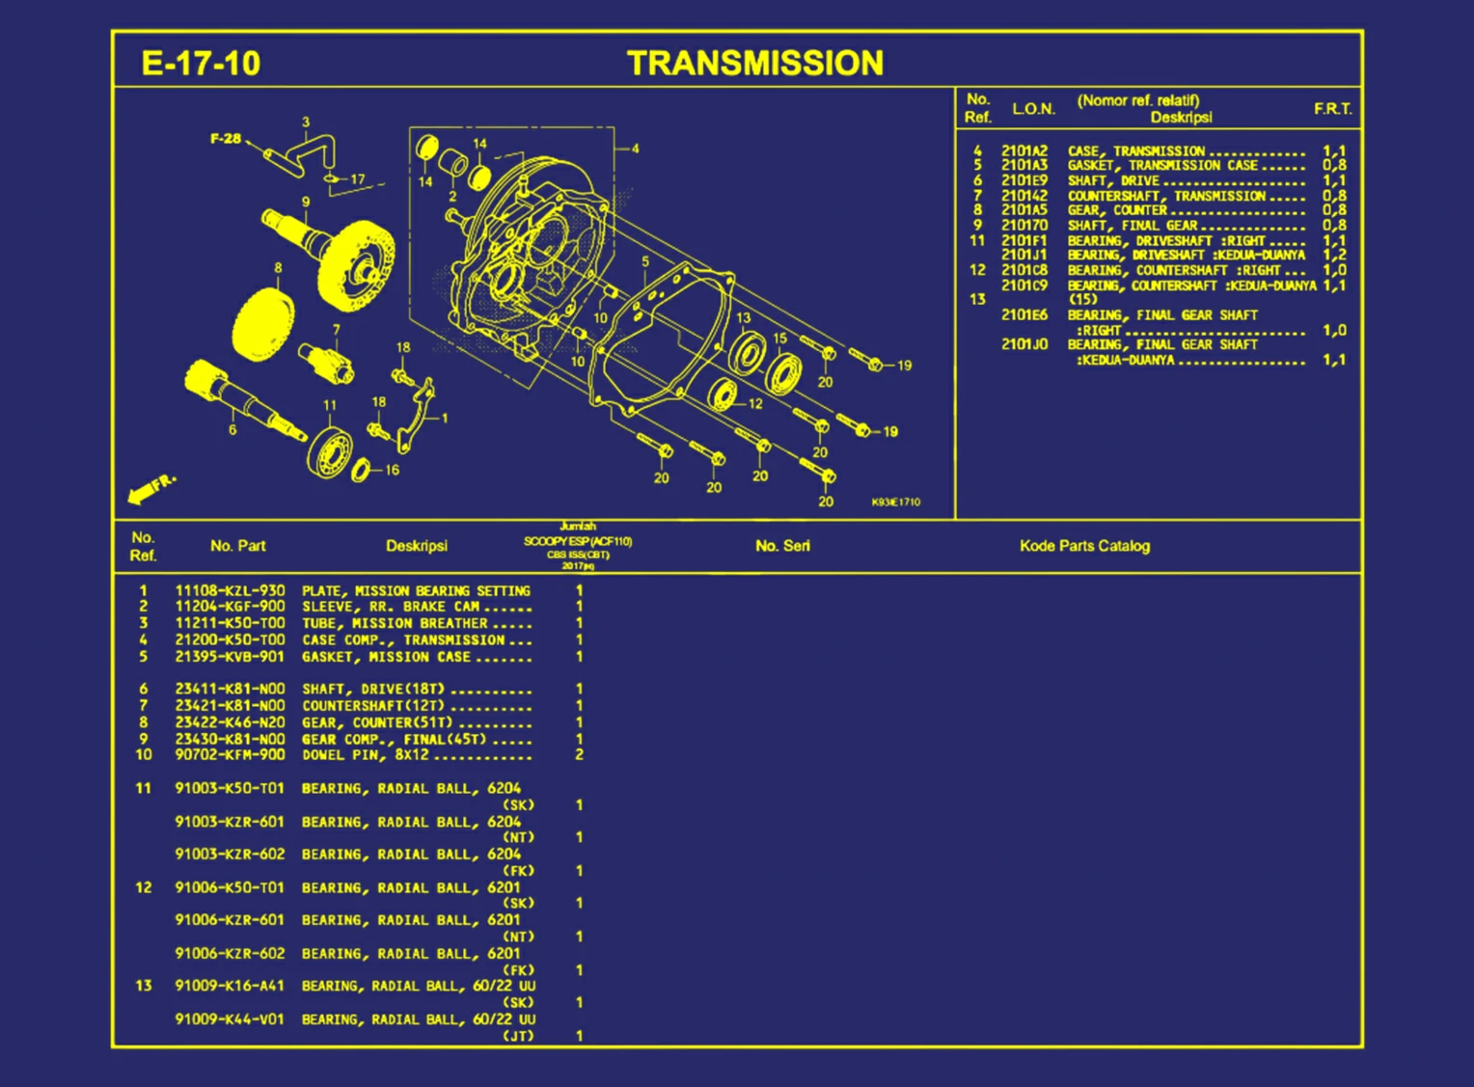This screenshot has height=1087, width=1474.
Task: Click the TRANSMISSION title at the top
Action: [x=754, y=63]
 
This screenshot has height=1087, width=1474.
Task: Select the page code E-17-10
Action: [x=201, y=64]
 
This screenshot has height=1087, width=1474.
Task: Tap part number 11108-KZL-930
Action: [x=230, y=590]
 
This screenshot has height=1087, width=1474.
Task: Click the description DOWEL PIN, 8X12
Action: [x=366, y=755]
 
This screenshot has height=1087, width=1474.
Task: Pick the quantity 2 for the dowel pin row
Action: [x=579, y=755]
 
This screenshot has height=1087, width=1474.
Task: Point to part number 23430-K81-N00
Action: [x=230, y=739]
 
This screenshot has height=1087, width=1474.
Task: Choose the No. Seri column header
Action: [x=782, y=546]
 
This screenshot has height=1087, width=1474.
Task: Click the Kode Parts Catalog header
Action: [x=1084, y=546]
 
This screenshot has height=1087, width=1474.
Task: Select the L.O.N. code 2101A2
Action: [x=1024, y=151]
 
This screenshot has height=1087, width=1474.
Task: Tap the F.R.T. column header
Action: [x=1332, y=109]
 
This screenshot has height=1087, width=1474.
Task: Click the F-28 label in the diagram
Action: [x=226, y=139]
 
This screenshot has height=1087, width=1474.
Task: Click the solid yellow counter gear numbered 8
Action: [x=261, y=323]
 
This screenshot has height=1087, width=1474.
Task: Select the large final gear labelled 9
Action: [x=355, y=263]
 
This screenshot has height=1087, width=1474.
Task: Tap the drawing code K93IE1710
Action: [x=895, y=503]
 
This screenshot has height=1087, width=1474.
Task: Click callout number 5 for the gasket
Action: [x=645, y=261]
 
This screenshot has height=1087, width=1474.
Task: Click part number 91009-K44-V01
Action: [x=230, y=1019]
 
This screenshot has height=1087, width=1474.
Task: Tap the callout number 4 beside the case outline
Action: [x=635, y=149]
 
